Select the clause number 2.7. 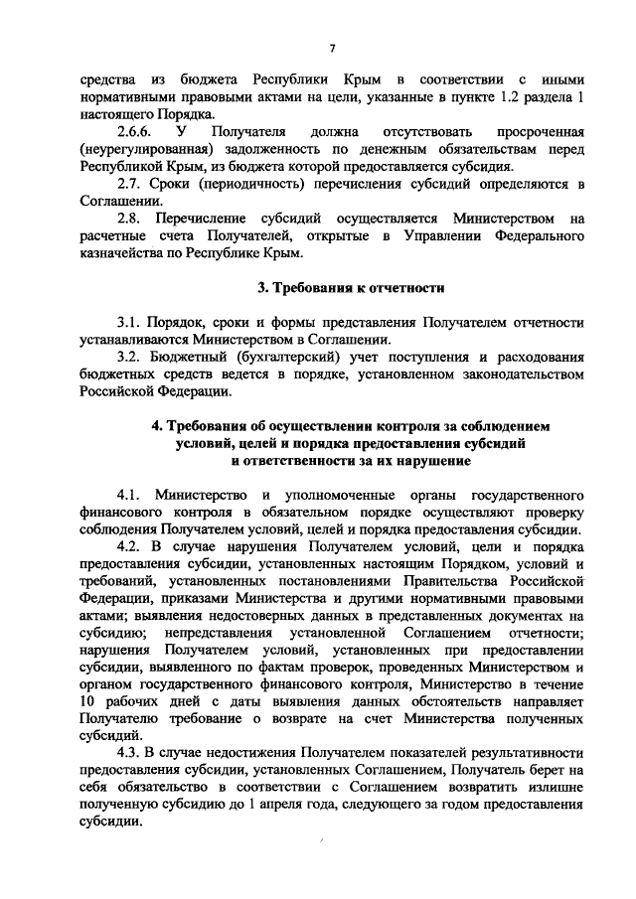[130, 185]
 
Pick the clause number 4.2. [131, 547]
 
